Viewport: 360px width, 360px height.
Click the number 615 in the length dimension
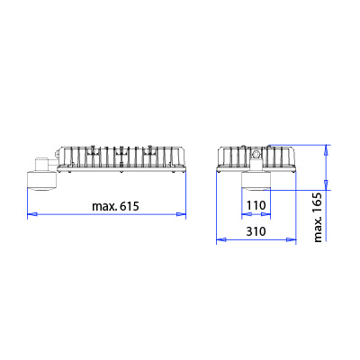(130, 206)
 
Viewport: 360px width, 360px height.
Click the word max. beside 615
(104, 207)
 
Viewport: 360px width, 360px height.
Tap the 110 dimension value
(256, 205)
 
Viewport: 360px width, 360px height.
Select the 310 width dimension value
(256, 231)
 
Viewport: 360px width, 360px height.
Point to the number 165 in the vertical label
(318, 202)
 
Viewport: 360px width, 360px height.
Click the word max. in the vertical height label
(318, 229)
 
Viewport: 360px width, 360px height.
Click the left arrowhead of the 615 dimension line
(32, 214)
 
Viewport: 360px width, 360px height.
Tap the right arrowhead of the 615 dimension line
(181, 214)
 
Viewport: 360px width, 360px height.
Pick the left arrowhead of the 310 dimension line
(221, 239)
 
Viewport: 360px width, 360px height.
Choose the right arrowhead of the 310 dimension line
(292, 239)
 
